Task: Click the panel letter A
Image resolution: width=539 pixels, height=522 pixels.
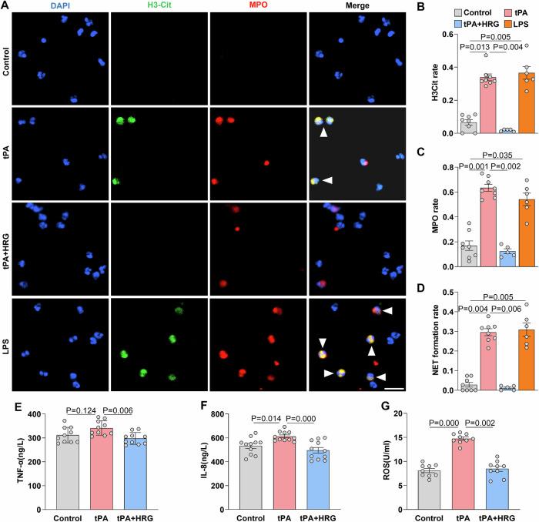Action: [6, 6]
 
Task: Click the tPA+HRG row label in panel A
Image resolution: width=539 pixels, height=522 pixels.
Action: [6, 256]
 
